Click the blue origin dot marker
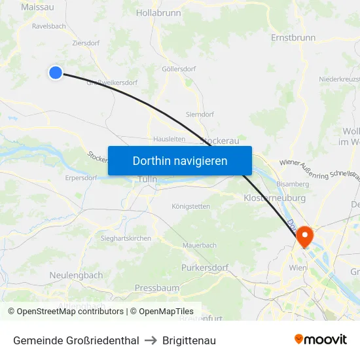[x=56, y=73]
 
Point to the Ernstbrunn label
[x=293, y=38]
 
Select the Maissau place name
[x=38, y=7]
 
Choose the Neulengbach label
[x=76, y=276]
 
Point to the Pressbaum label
[x=156, y=288]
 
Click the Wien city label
[x=298, y=268]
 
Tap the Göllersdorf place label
[x=179, y=68]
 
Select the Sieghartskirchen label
[x=126, y=239]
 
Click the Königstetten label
[x=190, y=207]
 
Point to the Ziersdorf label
[x=86, y=42]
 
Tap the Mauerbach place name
[x=200, y=245]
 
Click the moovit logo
[x=321, y=340]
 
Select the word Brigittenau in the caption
[x=189, y=340]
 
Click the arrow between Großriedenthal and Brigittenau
[x=151, y=340]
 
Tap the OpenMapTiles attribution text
[x=162, y=312]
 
